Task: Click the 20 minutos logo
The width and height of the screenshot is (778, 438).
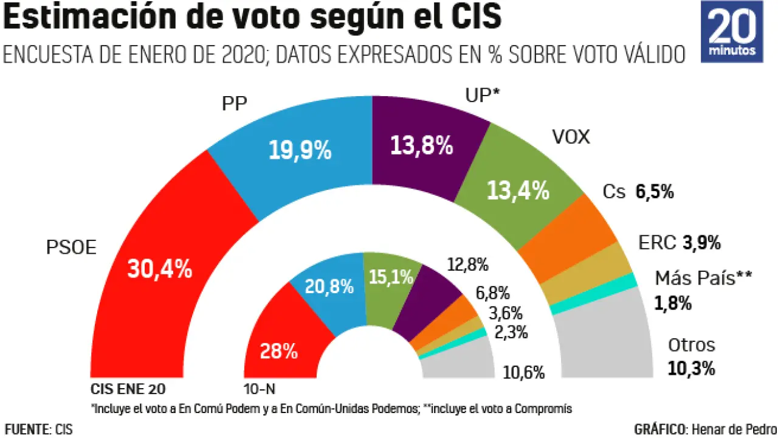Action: pos(732,32)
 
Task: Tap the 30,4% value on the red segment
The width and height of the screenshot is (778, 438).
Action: pos(159,268)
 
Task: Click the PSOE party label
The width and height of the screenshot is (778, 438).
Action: pos(72,248)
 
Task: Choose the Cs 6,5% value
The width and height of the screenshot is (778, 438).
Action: pos(655,192)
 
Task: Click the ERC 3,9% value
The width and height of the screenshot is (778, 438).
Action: pos(701,243)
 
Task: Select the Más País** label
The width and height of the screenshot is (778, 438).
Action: pos(703,279)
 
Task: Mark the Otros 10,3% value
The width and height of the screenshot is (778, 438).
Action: pos(691,368)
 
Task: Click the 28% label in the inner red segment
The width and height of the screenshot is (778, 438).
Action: pos(278,351)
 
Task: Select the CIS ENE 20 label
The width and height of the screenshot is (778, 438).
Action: pos(128,389)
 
